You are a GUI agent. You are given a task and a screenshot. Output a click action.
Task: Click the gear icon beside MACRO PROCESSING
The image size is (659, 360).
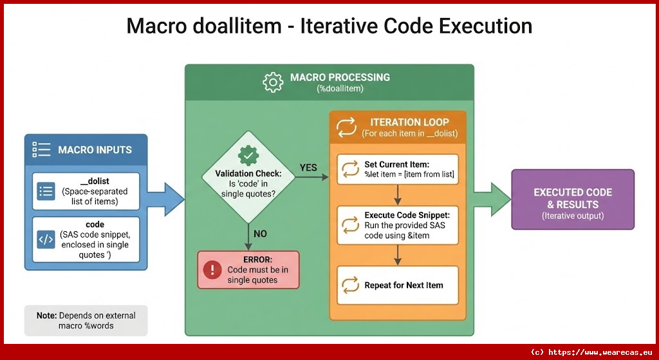coord(274,82)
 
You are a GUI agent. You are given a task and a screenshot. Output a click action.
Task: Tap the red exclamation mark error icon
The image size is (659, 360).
coord(212,270)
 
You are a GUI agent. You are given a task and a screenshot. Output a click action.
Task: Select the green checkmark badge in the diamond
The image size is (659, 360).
coord(248,155)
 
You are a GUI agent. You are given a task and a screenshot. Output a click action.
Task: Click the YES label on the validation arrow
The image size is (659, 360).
coord(308,167)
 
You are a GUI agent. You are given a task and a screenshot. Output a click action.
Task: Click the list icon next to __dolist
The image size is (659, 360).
coord(46,191)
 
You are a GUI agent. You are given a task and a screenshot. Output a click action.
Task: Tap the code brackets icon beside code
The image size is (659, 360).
coord(46,239)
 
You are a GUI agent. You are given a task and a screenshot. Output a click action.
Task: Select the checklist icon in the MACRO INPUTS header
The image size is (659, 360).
coord(41,150)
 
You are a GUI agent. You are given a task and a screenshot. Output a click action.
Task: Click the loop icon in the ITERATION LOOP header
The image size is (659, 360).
coord(346,127)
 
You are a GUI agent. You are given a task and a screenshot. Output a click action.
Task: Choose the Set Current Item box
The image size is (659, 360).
coord(397,169)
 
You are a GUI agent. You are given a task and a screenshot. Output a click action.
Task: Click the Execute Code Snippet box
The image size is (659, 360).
coord(397,225)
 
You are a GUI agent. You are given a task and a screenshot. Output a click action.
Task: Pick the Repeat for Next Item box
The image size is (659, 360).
coord(397,285)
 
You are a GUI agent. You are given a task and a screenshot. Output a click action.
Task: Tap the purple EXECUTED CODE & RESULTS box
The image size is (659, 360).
coord(572,199)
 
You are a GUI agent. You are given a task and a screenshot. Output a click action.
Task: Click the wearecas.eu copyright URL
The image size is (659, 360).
coord(594,352)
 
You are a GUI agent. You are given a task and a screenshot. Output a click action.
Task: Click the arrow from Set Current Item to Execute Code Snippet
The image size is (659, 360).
coord(398,194)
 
